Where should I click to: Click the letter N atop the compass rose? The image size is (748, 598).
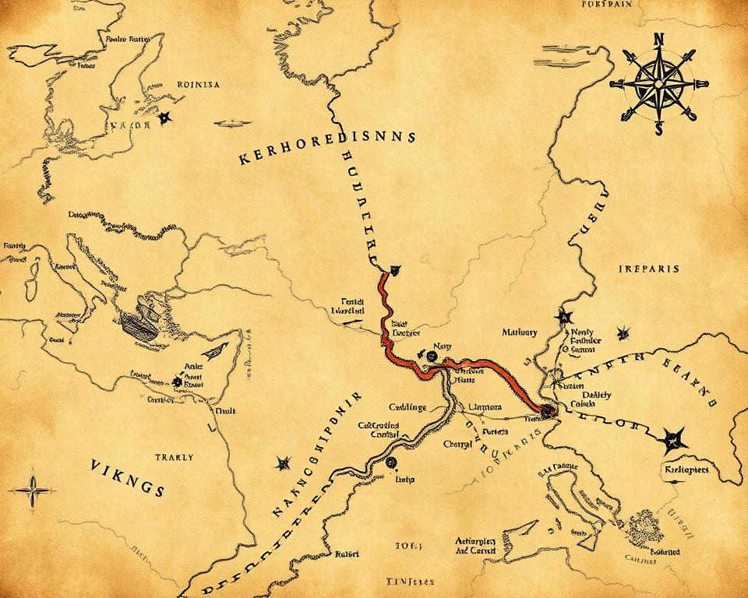coord(656,38)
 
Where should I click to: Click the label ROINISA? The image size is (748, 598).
coord(199,84)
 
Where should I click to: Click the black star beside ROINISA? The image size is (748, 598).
coord(164,118)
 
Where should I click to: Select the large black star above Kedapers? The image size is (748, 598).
coord(671,441)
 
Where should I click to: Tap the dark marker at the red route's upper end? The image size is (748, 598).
coord(397,269)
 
